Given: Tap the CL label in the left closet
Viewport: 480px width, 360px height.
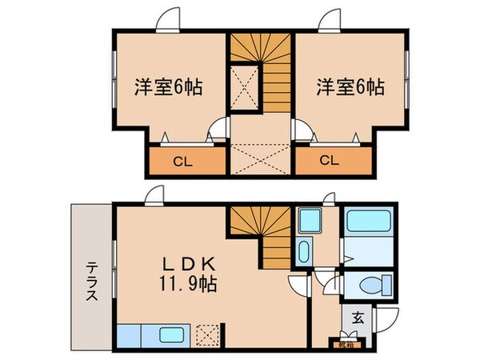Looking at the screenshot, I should [x=183, y=161].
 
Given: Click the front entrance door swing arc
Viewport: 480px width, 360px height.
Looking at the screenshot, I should [x=382, y=319].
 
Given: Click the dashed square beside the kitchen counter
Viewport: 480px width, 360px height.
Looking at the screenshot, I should [x=210, y=333].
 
